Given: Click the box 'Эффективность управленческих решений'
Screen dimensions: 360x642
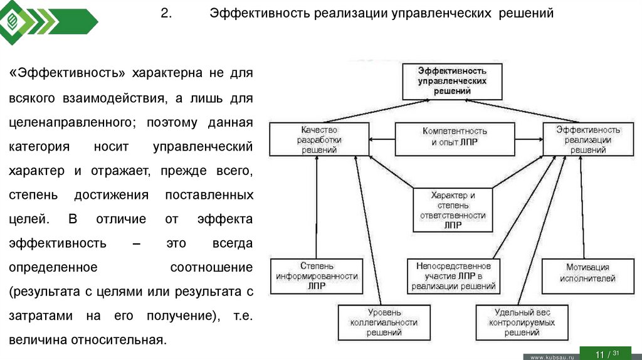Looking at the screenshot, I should pyautogui.click(x=451, y=81).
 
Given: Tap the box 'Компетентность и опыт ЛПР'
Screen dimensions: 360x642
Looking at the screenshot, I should pyautogui.click(x=455, y=137).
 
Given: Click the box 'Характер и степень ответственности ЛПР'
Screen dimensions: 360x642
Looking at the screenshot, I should pyautogui.click(x=453, y=209).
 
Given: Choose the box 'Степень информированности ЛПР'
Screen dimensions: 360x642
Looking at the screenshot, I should pyautogui.click(x=316, y=276).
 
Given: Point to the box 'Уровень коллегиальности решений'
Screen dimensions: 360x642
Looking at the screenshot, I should pyautogui.click(x=384, y=322).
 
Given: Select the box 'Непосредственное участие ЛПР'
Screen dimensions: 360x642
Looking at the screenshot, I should pyautogui.click(x=453, y=276).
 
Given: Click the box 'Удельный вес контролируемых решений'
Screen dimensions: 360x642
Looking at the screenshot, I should pyautogui.click(x=524, y=322).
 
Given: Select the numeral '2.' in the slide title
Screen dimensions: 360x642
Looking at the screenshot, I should pyautogui.click(x=166, y=13).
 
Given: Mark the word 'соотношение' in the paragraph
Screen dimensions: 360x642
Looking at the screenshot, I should pyautogui.click(x=211, y=267).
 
